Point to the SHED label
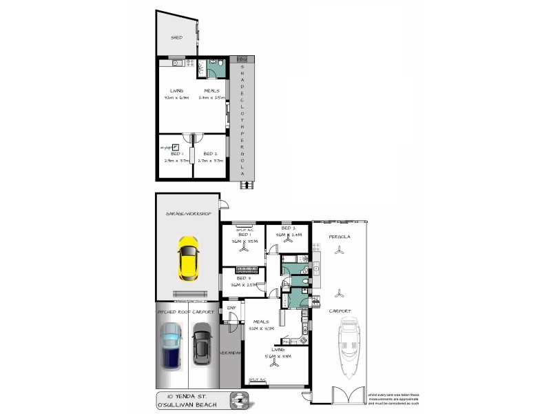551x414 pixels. pos(176,37)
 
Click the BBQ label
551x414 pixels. pos(241,60)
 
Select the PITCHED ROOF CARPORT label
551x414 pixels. pos(186,312)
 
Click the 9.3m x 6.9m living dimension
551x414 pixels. pos(176,98)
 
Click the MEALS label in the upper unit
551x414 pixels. pos(211,90)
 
